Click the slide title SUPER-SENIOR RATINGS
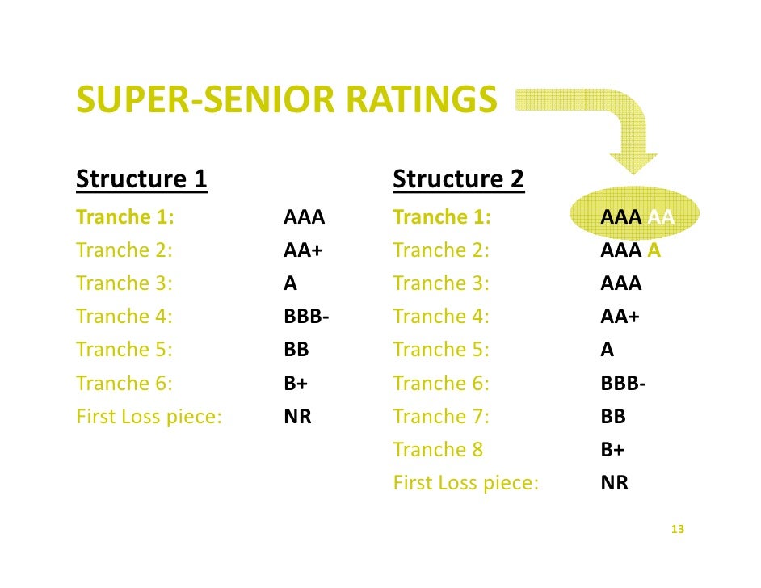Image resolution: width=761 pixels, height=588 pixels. point(286,101)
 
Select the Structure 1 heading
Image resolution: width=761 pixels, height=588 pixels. point(142,179)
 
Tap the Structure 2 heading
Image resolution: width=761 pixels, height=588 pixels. point(458,179)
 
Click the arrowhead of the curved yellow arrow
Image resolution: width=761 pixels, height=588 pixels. point(633,161)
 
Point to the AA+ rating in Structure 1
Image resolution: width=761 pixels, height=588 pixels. point(303,250)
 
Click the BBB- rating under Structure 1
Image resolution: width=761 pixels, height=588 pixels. point(306,317)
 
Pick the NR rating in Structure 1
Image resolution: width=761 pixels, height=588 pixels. point(297,418)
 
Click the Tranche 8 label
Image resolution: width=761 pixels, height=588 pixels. point(437,450)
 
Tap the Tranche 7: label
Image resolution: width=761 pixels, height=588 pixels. point(441,417)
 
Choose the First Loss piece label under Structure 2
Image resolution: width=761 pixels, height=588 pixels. point(465,483)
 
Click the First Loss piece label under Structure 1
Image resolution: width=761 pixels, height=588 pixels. point(149,418)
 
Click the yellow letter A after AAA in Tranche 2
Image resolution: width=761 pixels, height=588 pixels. point(654,250)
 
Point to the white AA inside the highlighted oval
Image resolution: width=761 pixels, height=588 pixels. point(661,217)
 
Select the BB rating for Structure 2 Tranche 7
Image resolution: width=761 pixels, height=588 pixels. point(613,417)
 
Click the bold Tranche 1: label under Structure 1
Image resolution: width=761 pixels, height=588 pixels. point(126,217)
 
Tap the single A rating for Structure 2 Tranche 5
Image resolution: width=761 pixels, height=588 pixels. point(608,350)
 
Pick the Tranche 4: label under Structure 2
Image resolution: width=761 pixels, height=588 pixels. point(441,317)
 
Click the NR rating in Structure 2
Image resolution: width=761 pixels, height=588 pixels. point(614,483)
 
